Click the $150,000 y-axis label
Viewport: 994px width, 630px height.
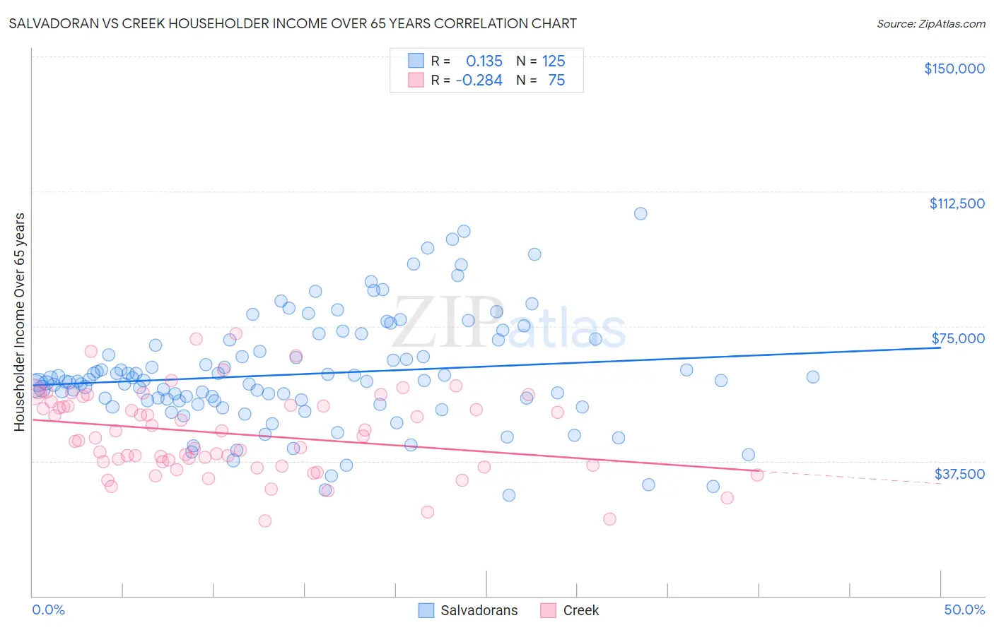954,69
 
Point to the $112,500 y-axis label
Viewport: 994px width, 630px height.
957,203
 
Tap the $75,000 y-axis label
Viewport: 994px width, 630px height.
958,338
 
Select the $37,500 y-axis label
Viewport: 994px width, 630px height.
959,474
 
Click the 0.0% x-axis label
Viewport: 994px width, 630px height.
48,610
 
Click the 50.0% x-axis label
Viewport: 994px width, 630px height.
964,610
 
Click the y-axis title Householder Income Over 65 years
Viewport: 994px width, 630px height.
19,322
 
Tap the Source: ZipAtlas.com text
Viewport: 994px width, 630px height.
930,23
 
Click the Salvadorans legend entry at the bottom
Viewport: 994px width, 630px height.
479,610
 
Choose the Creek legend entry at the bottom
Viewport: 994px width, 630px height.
580,610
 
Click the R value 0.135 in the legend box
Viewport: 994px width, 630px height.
484,61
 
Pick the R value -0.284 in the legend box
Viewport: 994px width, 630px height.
479,80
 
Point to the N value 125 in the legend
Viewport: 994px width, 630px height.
554,61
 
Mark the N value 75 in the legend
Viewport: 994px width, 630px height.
556,80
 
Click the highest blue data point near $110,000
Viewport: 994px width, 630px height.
641,213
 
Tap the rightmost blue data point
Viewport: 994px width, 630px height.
813,377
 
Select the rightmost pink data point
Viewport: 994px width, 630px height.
757,475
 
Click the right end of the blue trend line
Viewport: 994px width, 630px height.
940,348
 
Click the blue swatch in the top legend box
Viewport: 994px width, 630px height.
416,61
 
